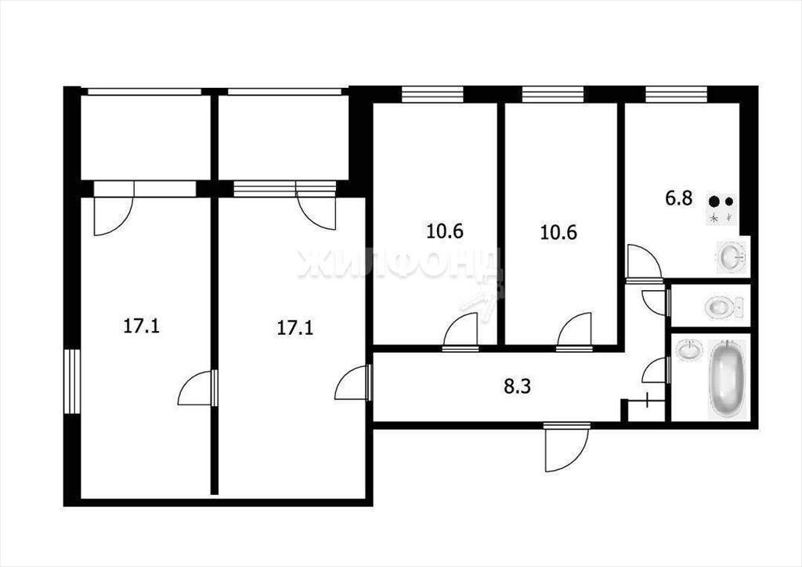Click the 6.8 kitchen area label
click(679, 198)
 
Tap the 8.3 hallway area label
click(518, 386)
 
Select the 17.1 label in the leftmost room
click(142, 325)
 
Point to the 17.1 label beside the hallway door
click(295, 328)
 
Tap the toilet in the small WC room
click(722, 307)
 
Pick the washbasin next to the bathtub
click(688, 351)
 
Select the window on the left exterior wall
click(73, 382)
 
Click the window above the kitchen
click(676, 94)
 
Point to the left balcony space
click(146, 137)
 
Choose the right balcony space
click(284, 137)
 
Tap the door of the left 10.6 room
click(461, 333)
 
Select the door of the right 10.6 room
click(575, 333)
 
